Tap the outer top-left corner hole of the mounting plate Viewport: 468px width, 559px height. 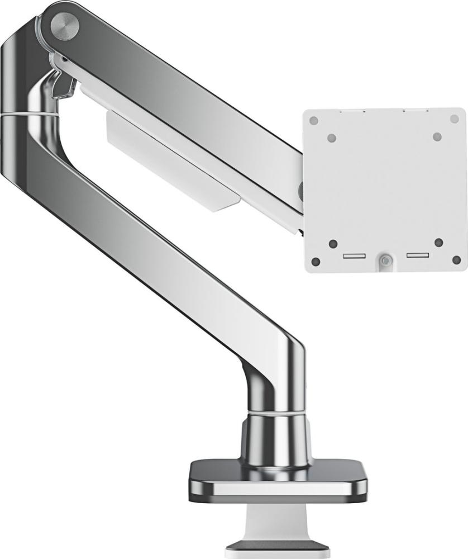point(314,120)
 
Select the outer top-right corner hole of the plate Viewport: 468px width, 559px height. point(454,119)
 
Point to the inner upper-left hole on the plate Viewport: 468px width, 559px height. point(332,138)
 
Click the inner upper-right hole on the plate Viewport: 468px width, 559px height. point(437,136)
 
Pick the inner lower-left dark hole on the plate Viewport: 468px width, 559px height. point(333,244)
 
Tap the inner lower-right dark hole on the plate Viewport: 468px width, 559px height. point(438,243)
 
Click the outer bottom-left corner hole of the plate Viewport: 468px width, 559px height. point(316,261)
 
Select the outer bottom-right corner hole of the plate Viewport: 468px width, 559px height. point(456,260)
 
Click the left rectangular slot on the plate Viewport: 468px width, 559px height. point(354,256)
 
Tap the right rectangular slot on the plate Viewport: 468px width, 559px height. point(418,255)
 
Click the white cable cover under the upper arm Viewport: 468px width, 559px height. point(173,162)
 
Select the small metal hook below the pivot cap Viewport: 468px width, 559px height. point(64,83)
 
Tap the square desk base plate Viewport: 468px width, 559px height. point(278,478)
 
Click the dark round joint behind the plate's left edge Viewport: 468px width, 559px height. point(301,191)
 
